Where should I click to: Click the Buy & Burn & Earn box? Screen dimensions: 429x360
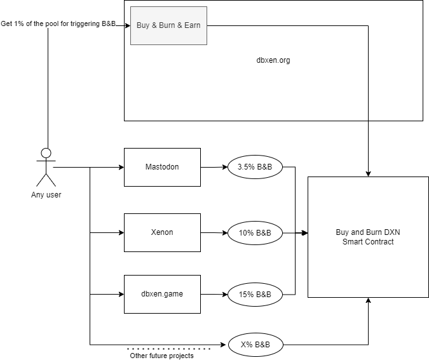coord(168,25)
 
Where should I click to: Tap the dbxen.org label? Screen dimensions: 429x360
coord(273,60)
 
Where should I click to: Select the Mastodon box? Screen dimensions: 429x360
coord(162,167)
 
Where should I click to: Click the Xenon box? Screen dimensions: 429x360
coord(162,232)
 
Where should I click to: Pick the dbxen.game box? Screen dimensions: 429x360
coord(162,294)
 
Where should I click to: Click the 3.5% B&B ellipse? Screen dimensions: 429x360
coord(255,167)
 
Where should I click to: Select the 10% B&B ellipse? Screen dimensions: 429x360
coord(255,233)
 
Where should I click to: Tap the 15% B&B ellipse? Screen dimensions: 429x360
coord(255,295)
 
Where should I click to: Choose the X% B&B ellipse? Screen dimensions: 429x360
coord(255,345)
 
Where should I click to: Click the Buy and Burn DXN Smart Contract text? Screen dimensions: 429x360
coord(368,237)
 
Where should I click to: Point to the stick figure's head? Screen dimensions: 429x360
coord(46,153)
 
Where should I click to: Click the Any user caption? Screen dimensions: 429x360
coord(46,195)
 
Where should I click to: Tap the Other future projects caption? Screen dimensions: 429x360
coord(161,356)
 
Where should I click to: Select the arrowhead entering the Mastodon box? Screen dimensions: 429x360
coord(121,167)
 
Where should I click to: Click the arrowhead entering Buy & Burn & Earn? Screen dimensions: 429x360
coord(128,25)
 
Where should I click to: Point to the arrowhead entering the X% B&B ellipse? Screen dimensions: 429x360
coord(223,345)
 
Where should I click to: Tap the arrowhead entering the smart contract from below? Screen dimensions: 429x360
coord(368,300)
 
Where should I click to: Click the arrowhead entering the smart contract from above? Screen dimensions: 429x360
coord(368,174)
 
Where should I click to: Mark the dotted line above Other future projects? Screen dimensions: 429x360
coord(168,349)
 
